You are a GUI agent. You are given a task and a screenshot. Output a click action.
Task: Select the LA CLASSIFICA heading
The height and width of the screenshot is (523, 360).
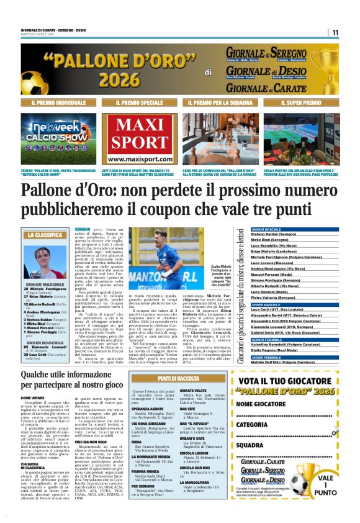[44, 235]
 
